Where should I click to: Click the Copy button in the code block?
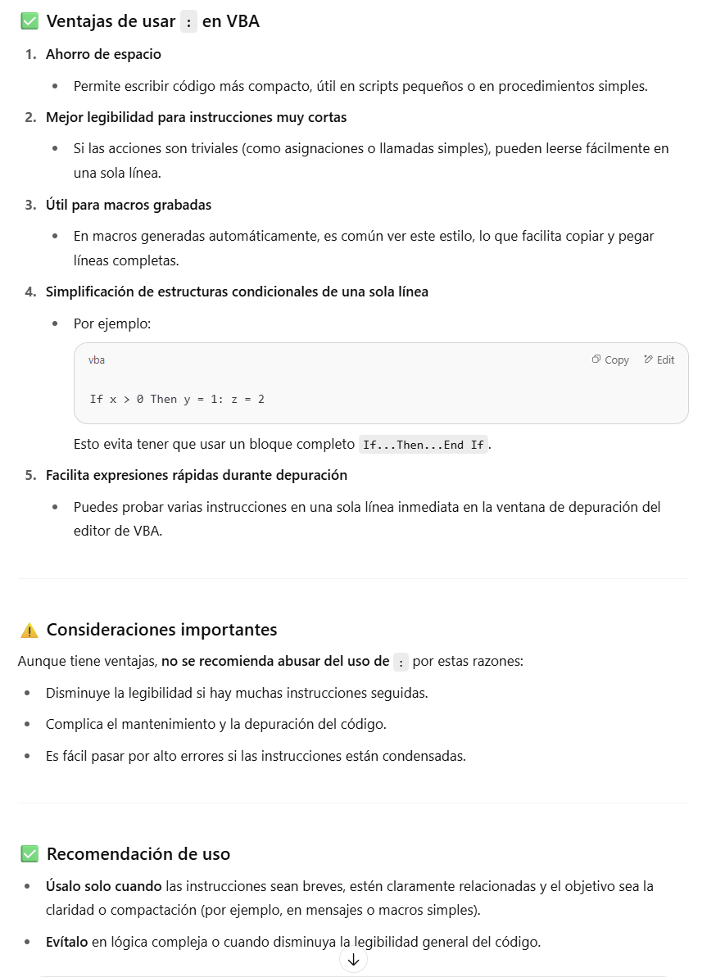click(x=610, y=360)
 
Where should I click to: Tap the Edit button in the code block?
click(x=659, y=360)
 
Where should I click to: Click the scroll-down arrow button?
click(x=353, y=960)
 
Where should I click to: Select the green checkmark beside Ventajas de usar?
click(x=29, y=22)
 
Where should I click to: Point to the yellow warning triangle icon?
click(x=29, y=630)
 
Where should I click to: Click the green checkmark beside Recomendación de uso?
click(x=29, y=854)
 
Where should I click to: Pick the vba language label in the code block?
click(x=97, y=360)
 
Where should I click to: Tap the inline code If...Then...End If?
click(x=424, y=446)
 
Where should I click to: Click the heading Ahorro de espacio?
click(x=103, y=54)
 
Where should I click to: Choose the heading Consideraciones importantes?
click(x=161, y=630)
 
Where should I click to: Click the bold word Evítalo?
click(x=67, y=941)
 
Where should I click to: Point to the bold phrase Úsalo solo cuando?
click(x=104, y=886)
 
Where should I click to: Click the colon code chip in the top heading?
click(x=189, y=22)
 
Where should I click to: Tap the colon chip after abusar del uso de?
click(x=401, y=662)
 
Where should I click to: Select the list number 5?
click(x=30, y=475)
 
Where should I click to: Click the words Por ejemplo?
click(x=112, y=323)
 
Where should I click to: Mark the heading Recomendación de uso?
click(x=138, y=854)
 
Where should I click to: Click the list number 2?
click(x=30, y=117)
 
